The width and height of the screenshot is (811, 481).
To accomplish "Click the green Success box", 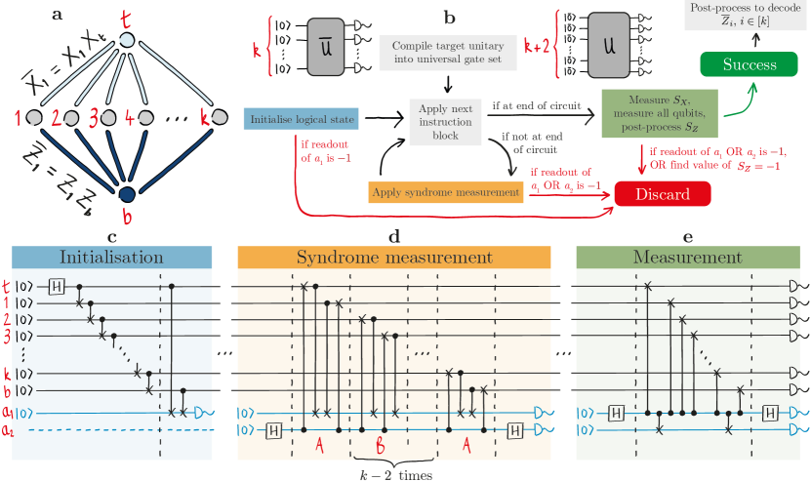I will coord(750,64).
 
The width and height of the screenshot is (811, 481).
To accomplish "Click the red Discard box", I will coord(663,194).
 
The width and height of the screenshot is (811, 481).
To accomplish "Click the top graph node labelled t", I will coord(126,40).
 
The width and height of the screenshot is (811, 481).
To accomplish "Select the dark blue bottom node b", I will coord(126,193).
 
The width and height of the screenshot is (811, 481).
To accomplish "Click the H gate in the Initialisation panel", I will coord(57,285).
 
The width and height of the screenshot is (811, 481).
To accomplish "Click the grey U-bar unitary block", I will coord(323,47).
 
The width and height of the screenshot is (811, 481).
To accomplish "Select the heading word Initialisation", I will coord(111,259).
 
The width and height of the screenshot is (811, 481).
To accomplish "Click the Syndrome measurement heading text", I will coord(394,259).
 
